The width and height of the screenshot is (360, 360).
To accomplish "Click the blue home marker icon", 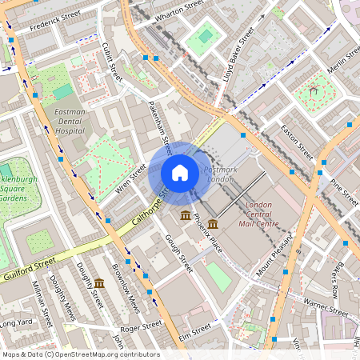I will tap(180, 173).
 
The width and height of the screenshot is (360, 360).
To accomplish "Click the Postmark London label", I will tap(220, 174).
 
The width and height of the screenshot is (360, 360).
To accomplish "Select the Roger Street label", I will tap(140, 326).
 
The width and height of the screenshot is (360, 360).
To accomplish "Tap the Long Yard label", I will tap(16, 324).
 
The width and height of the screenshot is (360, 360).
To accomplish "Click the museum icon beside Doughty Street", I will tap(99, 283).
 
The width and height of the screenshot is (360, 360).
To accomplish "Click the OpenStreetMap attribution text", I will tap(80, 354).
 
